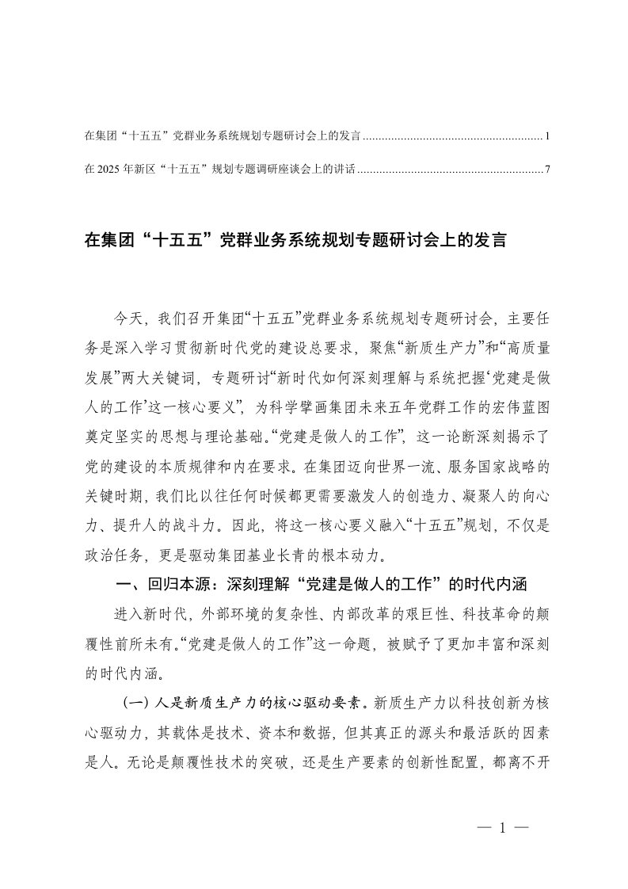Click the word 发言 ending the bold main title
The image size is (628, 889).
point(490,240)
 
